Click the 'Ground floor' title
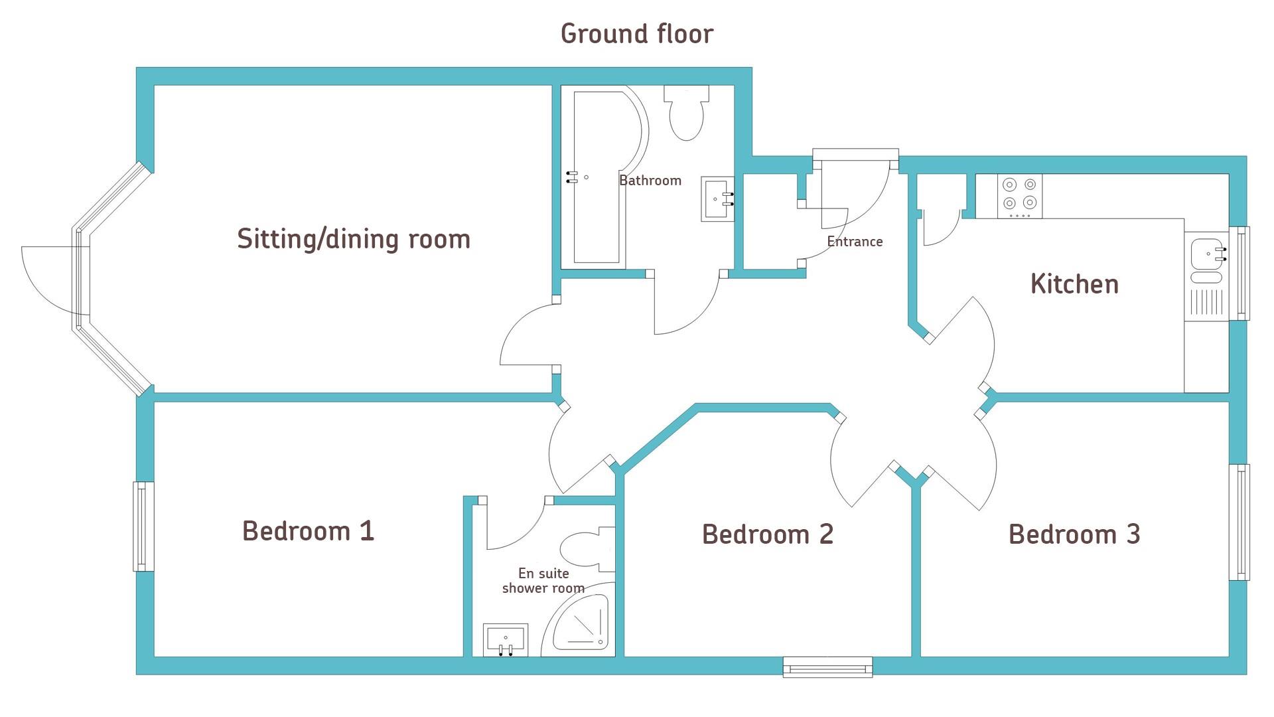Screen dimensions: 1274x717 click(637, 34)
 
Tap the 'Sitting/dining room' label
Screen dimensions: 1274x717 click(354, 239)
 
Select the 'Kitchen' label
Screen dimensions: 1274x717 click(1074, 284)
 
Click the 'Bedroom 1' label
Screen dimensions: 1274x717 click(309, 531)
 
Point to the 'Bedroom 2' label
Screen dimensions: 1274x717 click(768, 534)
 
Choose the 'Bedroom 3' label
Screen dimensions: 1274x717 click(1074, 534)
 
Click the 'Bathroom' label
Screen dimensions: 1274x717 click(650, 181)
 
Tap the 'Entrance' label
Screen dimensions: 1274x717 click(855, 242)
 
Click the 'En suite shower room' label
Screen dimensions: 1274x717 click(543, 581)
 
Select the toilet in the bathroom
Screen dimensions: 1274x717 click(686, 112)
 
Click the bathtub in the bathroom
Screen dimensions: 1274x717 click(604, 177)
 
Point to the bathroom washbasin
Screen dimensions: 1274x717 click(717, 199)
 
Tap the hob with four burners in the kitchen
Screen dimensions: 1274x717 click(1019, 196)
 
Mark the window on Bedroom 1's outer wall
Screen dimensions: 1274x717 click(144, 526)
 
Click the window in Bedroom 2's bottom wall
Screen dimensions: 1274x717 click(827, 667)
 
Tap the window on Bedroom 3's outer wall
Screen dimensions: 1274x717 click(1239, 522)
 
